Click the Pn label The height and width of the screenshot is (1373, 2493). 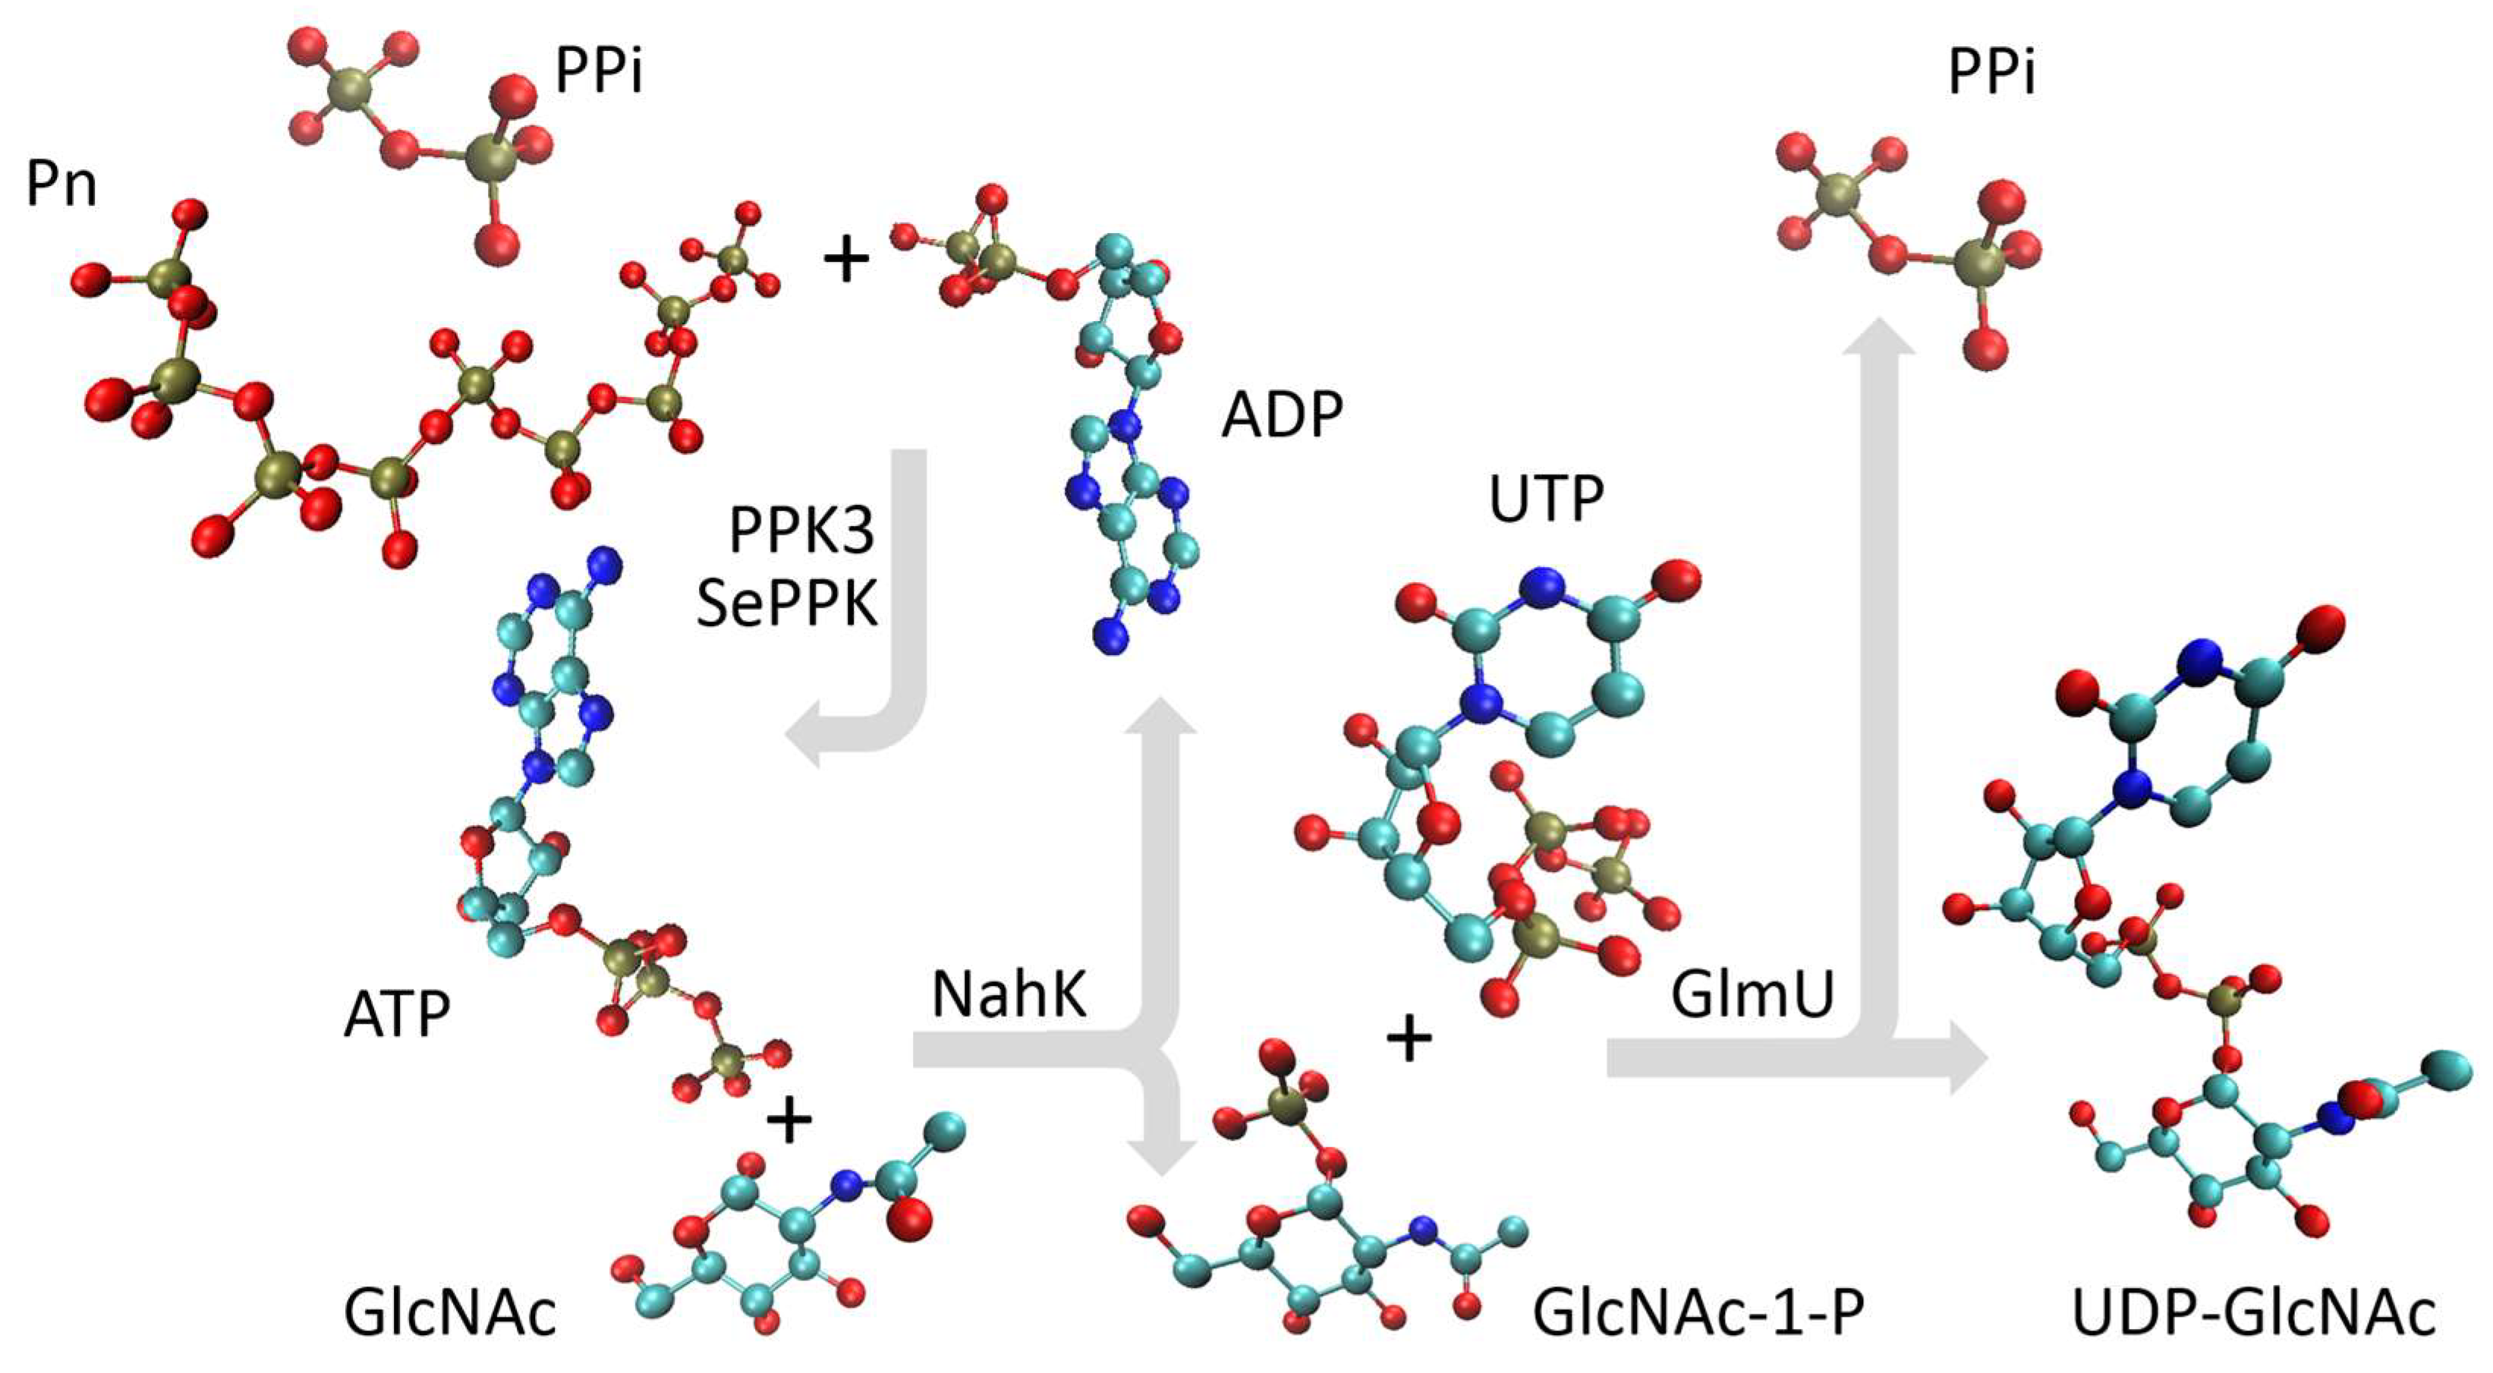pos(61,183)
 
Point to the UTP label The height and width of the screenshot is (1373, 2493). pos(1546,499)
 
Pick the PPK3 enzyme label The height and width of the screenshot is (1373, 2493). pos(801,531)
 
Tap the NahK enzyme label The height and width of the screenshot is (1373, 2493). pos(1009,994)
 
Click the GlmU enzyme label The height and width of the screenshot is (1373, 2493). pos(1752,994)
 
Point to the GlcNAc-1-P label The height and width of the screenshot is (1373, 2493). pos(1698,1313)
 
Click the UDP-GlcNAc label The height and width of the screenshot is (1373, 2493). pos(2252,1313)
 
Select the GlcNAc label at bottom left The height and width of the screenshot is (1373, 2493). pos(450,1313)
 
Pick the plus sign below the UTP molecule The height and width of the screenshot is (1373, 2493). pos(1409,1040)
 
